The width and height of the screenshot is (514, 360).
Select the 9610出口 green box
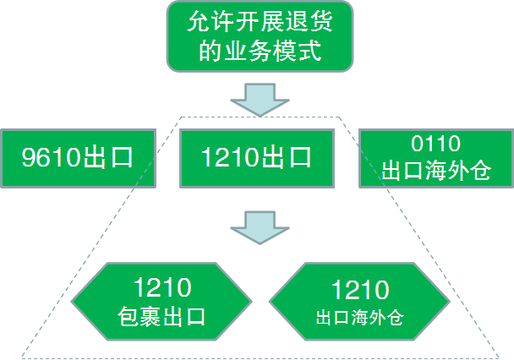click(79, 157)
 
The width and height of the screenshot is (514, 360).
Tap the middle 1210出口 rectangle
click(257, 157)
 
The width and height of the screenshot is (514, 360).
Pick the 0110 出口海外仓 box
click(435, 157)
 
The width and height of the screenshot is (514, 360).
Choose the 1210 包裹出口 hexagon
click(161, 302)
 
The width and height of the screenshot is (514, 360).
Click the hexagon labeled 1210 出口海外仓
click(359, 302)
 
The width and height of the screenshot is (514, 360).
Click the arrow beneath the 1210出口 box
click(257, 226)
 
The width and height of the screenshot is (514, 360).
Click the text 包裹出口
click(161, 317)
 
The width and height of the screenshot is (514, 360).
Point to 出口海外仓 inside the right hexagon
click(359, 319)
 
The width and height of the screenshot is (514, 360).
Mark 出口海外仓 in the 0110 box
click(435, 171)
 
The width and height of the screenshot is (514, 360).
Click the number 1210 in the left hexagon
click(161, 287)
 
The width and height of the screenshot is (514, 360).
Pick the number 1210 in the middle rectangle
click(229, 158)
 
